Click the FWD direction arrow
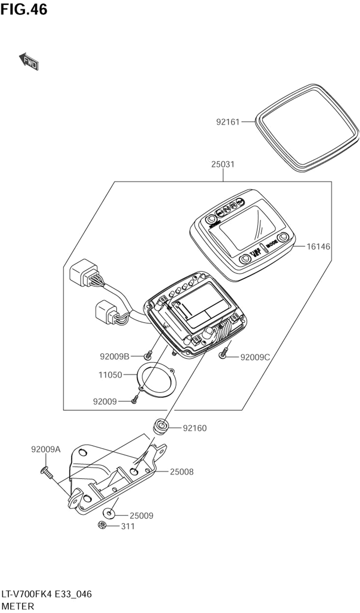[x=29, y=61]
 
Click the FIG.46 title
[x=24, y=10]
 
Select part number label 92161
[x=228, y=122]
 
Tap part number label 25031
[x=222, y=165]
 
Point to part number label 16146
[x=318, y=247]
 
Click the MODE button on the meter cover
[x=283, y=237]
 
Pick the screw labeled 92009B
[x=148, y=356]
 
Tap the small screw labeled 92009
[x=134, y=399]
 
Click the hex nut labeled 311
[x=102, y=525]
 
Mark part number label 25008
[x=181, y=472]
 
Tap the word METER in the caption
[x=18, y=606]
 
